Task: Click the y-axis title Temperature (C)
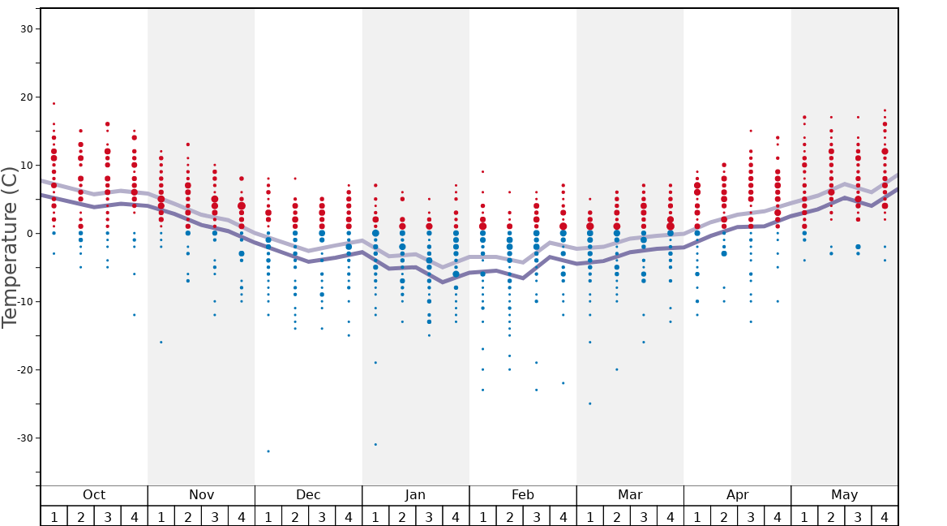[10, 247]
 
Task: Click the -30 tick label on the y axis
[27, 438]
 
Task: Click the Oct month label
[94, 495]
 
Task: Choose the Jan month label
[415, 495]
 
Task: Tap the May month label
[844, 495]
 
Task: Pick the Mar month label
[630, 495]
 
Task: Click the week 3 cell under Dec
[322, 516]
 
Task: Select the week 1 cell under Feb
[482, 516]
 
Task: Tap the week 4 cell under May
[885, 516]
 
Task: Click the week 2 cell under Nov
[188, 516]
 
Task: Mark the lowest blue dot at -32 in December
[268, 451]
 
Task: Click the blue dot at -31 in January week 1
[375, 444]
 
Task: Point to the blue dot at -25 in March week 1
[589, 403]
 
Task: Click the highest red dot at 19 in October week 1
[54, 104]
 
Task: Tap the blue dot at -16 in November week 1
[161, 343]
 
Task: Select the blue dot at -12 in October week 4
[135, 315]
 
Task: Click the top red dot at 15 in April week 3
[751, 131]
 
